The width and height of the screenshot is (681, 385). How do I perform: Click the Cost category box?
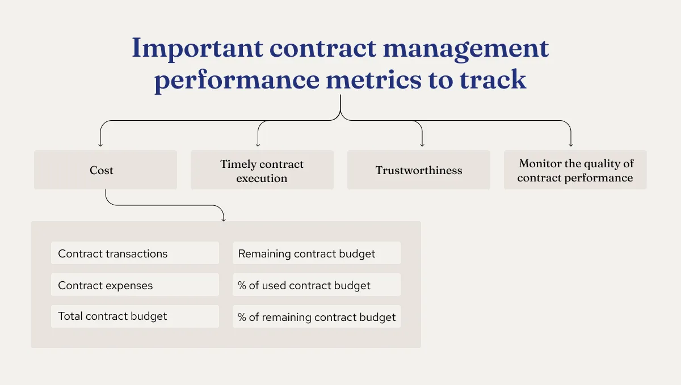point(105,170)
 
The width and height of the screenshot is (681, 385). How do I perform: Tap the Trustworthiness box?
point(418,170)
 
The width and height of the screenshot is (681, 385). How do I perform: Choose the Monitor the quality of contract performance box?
point(575,170)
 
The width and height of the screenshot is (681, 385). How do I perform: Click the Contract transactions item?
point(134,253)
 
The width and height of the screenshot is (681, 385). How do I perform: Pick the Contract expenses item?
point(134,285)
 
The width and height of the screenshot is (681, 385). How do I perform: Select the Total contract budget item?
point(134,316)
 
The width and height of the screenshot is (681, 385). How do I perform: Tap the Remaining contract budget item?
point(316,253)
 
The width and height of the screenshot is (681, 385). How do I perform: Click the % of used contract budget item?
point(316,285)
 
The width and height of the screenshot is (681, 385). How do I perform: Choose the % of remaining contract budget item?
point(316,317)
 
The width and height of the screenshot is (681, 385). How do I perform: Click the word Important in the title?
point(196,49)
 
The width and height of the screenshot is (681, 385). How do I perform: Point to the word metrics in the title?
point(372,80)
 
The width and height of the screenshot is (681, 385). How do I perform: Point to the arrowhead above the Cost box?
point(100,145)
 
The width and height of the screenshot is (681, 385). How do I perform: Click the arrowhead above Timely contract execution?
point(258,145)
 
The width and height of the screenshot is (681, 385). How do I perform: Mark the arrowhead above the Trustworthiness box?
point(422,145)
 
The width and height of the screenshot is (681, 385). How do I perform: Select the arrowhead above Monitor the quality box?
point(570,145)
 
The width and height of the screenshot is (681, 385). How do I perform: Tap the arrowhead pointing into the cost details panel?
point(223,218)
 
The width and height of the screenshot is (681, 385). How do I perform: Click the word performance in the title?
point(237,81)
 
